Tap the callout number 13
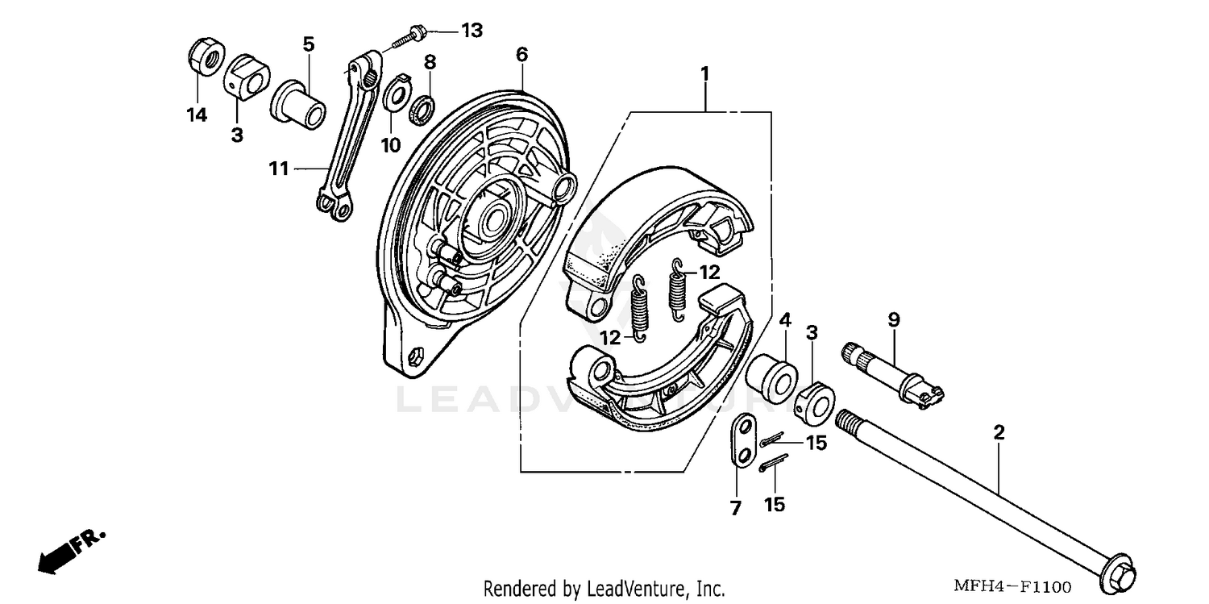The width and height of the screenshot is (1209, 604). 472,31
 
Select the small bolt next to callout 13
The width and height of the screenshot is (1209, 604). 409,37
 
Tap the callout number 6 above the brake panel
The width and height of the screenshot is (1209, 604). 521,54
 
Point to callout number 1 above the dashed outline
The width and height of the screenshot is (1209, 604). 704,73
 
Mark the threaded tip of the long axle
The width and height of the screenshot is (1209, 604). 849,420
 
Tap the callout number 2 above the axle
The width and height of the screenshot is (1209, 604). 999,433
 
